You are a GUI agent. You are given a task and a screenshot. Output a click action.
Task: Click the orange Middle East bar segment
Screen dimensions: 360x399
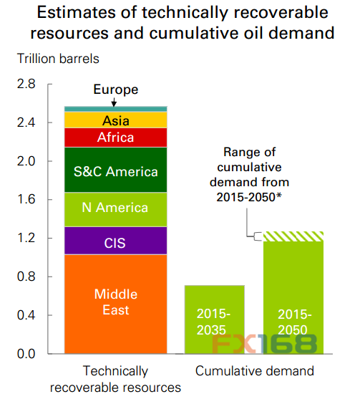pos(116,304)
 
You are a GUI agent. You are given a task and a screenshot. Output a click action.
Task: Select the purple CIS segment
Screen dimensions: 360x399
pos(116,241)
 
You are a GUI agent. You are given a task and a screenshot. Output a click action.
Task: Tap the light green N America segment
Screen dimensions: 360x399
pos(116,210)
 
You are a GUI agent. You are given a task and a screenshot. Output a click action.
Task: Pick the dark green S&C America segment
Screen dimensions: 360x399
pos(116,170)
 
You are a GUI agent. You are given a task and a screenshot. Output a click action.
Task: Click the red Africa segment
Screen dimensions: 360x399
pos(116,138)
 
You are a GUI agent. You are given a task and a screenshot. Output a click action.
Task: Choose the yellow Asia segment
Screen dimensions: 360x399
pos(116,120)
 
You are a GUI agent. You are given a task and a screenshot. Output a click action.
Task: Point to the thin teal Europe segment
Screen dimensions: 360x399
pos(116,109)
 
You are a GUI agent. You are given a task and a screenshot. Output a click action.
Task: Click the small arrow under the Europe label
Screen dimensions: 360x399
pos(114,102)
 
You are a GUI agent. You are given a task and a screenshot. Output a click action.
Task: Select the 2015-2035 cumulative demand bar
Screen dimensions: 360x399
pos(215,319)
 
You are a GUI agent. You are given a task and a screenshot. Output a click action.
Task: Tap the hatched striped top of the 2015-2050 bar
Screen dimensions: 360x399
pos(293,236)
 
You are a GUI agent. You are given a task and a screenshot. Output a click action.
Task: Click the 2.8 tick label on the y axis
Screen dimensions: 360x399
pos(26,84)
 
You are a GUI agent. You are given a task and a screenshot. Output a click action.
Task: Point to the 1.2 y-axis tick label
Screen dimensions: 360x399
pos(26,238)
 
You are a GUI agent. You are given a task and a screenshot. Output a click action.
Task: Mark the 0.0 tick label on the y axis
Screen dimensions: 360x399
pos(26,354)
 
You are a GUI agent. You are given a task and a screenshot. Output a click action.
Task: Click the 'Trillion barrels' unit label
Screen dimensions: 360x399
pos(58,59)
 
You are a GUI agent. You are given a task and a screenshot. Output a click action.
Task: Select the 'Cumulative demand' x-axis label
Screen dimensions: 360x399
pos(255,371)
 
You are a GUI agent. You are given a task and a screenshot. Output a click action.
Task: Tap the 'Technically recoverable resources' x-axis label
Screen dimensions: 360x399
pos(115,379)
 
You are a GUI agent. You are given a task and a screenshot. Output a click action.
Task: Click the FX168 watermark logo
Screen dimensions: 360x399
pos(264,344)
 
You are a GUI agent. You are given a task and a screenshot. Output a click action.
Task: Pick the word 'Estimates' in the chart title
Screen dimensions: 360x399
pos(77,12)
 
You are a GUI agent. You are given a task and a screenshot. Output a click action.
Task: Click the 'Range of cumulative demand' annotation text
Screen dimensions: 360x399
pos(249,175)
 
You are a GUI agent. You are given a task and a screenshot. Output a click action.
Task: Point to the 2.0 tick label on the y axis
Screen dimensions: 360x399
pos(26,161)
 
